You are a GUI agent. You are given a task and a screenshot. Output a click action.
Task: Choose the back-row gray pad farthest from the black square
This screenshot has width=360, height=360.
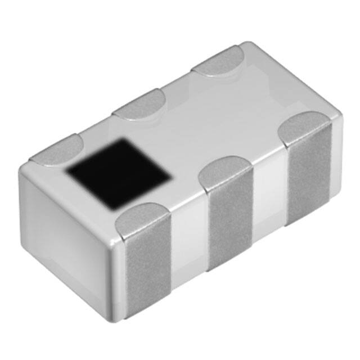[x=219, y=61]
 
